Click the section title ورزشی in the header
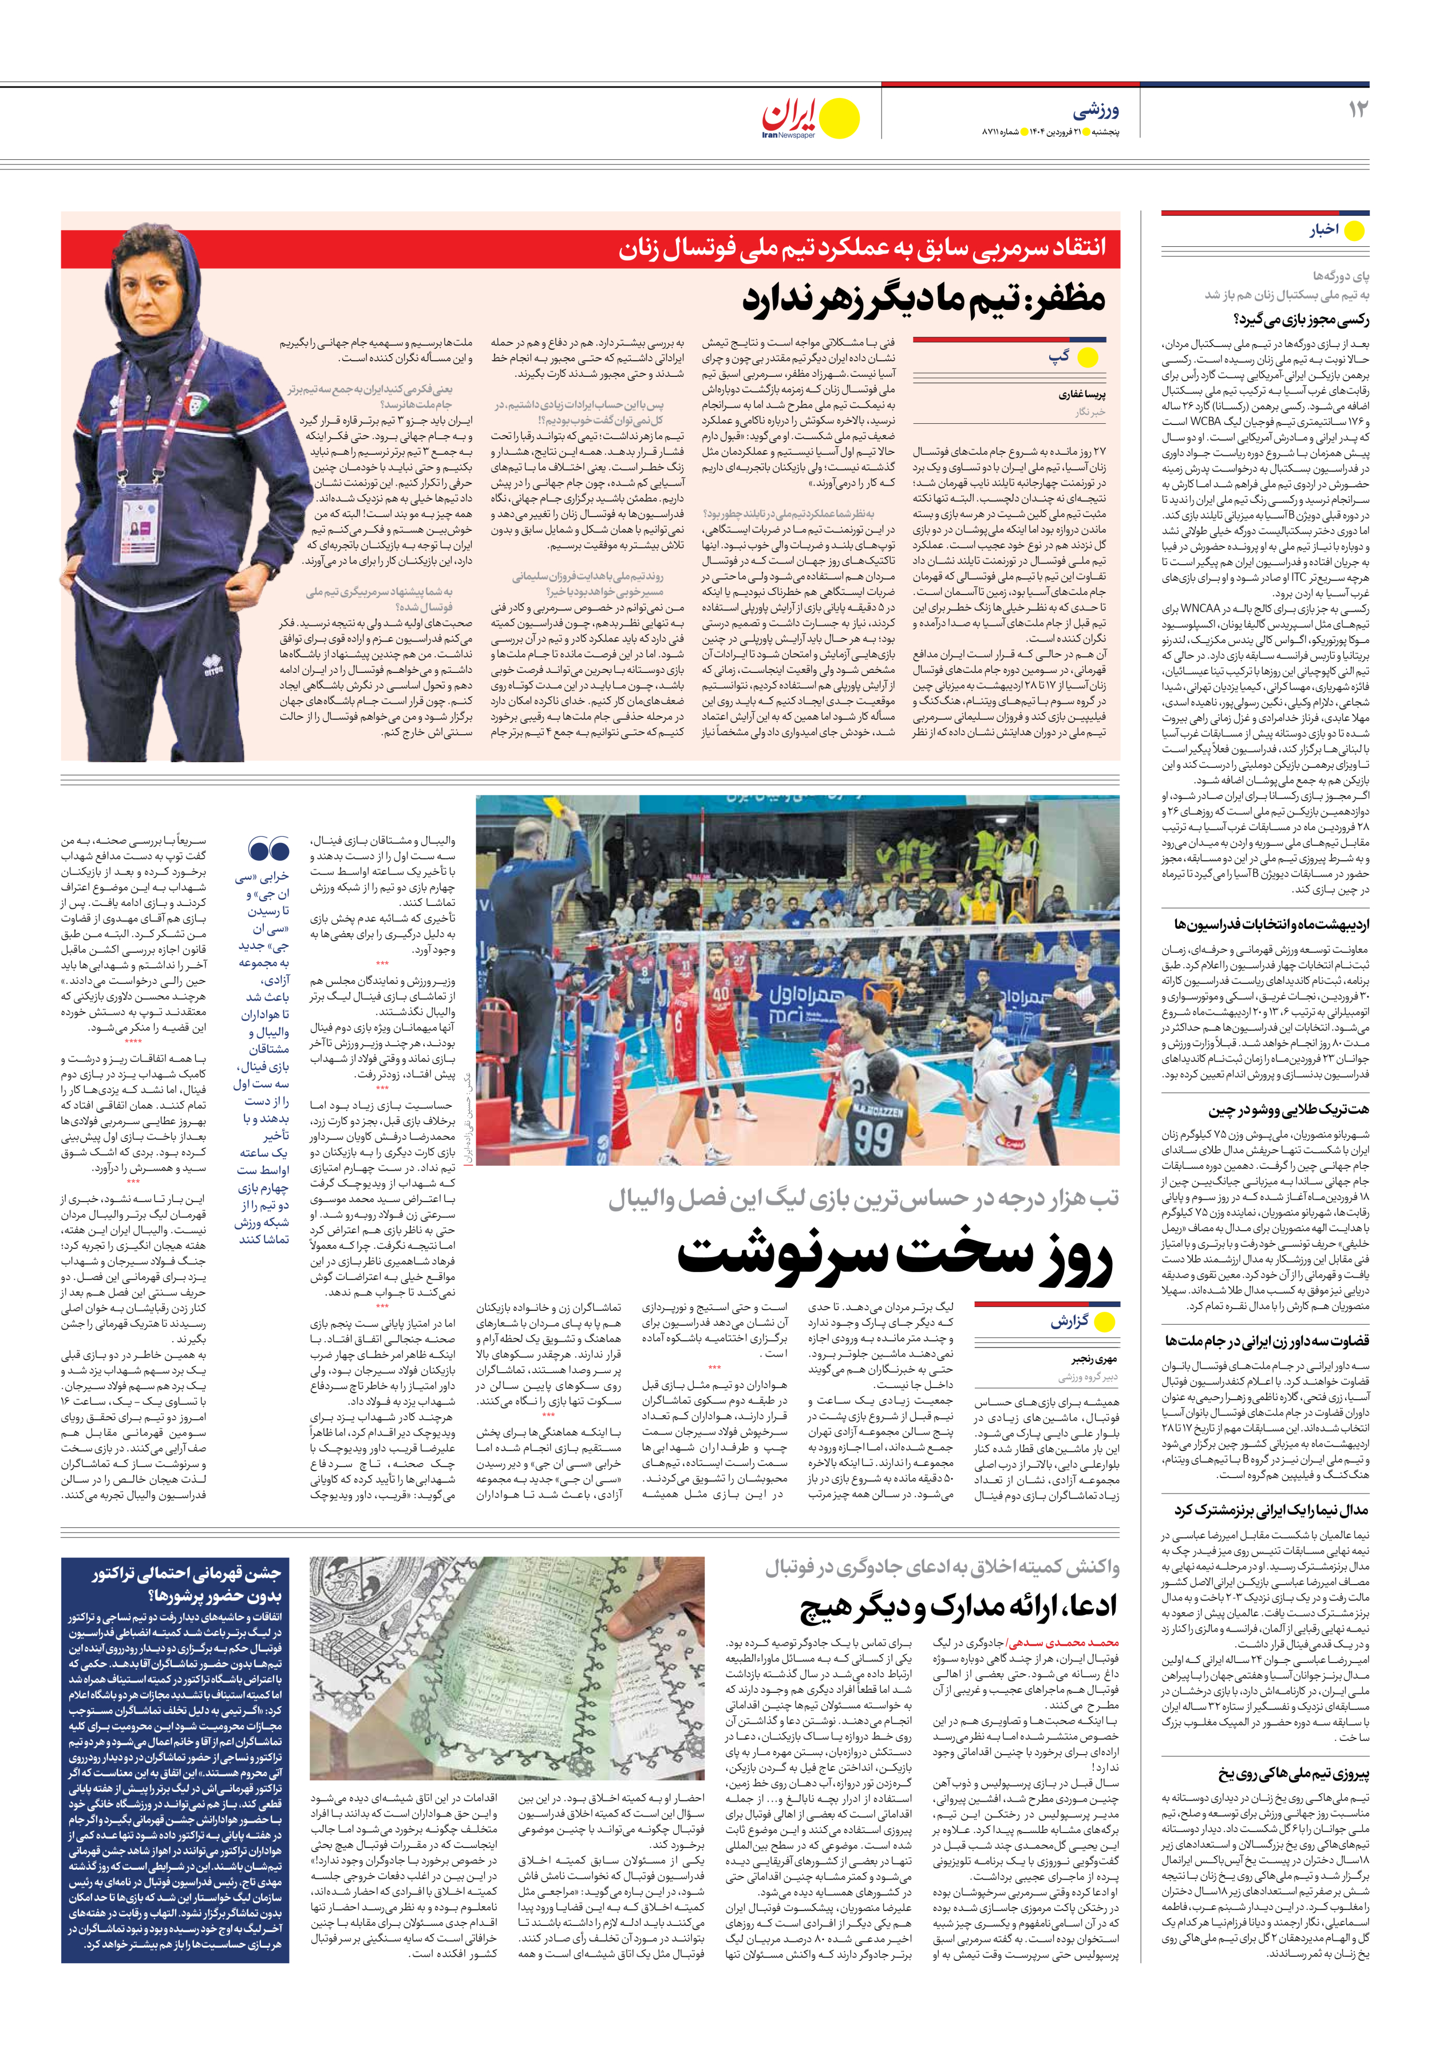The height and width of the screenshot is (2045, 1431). tap(1096, 111)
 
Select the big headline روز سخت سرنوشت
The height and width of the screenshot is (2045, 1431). tap(894, 1256)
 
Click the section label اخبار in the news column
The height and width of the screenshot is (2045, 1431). tap(1324, 230)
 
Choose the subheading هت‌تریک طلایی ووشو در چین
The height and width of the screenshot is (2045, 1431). tap(1288, 1110)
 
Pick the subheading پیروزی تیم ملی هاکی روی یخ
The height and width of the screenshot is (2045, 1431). tap(1294, 1774)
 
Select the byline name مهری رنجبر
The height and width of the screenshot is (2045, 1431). tap(1093, 1360)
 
